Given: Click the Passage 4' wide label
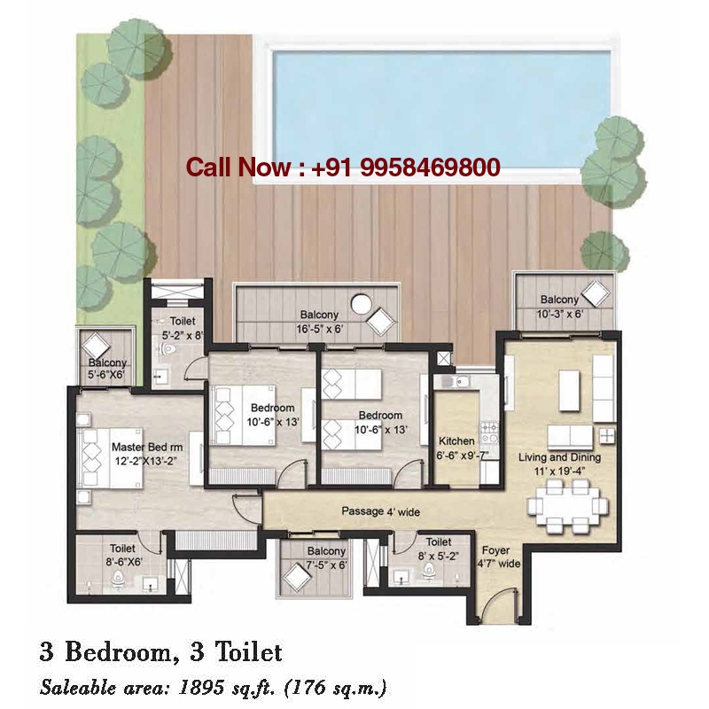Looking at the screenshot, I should pyautogui.click(x=381, y=511).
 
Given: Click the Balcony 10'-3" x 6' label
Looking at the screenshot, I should pyautogui.click(x=559, y=306).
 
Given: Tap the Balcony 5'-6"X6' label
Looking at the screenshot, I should pyautogui.click(x=107, y=369).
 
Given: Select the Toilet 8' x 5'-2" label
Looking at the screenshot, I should pyautogui.click(x=438, y=547).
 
